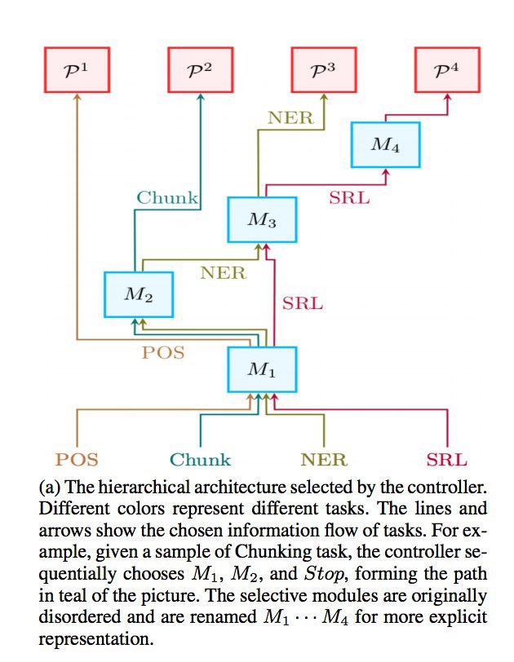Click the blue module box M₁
pyautogui.click(x=261, y=370)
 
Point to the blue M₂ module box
pyautogui.click(x=139, y=294)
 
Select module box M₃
pyautogui.click(x=261, y=219)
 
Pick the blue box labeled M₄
pyautogui.click(x=385, y=145)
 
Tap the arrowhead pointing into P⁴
pyautogui.click(x=447, y=96)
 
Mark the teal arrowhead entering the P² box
pyautogui.click(x=201, y=96)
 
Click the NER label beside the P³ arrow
pyautogui.click(x=290, y=117)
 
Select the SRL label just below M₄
pyautogui.click(x=348, y=196)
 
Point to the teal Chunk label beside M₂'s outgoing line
pyautogui.click(x=167, y=197)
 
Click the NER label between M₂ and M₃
pyautogui.click(x=223, y=272)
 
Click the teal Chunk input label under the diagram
pyautogui.click(x=201, y=460)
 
